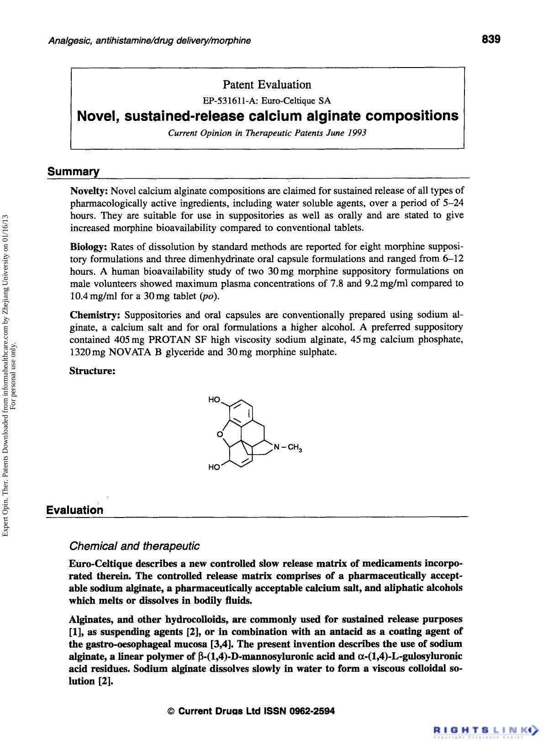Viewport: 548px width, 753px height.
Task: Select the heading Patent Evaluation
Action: (x=267, y=84)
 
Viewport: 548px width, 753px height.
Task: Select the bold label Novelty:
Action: (x=89, y=191)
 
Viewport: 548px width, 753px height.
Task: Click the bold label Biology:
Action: (x=88, y=247)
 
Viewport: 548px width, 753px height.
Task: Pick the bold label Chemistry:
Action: (x=95, y=315)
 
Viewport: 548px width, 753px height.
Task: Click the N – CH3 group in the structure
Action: (x=288, y=448)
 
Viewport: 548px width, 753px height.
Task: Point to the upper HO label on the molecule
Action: (x=214, y=400)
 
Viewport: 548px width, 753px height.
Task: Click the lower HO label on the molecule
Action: (x=214, y=467)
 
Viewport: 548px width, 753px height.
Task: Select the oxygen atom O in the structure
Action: (x=220, y=434)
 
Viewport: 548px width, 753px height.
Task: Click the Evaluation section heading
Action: (x=74, y=510)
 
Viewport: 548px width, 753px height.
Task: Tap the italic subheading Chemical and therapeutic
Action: (x=134, y=546)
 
